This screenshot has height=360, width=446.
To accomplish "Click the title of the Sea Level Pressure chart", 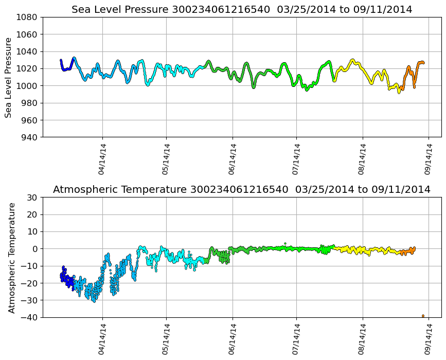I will click(242, 9).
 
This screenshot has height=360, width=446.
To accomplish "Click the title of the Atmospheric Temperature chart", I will click(242, 189).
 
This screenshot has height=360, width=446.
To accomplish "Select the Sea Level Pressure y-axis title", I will click(9, 77).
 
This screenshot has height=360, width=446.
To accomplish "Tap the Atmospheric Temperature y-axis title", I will click(12, 257).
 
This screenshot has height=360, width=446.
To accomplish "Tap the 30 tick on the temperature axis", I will click(32, 197).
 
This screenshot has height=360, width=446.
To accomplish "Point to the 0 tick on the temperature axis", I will click(35, 249).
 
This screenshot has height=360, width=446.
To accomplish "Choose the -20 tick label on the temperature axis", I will click(30, 283).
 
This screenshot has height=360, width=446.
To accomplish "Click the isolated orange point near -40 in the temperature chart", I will click(423, 316).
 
